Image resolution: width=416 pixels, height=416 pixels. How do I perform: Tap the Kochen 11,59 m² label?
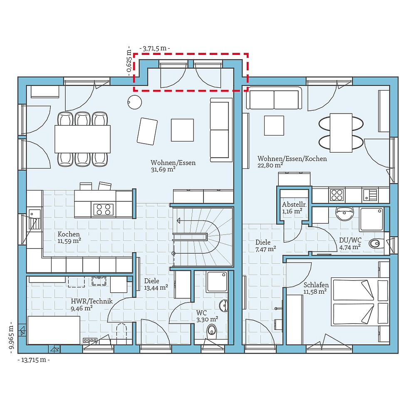click(x=69, y=237)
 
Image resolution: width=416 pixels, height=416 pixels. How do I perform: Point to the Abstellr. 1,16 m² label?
click(x=294, y=208)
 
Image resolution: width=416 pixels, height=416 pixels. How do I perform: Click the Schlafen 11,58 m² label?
click(x=316, y=288)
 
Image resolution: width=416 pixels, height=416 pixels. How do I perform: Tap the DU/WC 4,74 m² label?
click(x=349, y=243)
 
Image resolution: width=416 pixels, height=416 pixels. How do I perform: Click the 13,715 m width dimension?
click(x=34, y=360)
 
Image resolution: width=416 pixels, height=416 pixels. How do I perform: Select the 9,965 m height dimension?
click(x=12, y=339)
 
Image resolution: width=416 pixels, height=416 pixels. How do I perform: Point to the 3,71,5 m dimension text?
click(x=155, y=48)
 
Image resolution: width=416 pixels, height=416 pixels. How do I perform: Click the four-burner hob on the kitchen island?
click(x=103, y=209)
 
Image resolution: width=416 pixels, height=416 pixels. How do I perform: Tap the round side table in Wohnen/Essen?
click(x=135, y=102)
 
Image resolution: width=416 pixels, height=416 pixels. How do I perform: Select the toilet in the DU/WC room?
click(x=377, y=243)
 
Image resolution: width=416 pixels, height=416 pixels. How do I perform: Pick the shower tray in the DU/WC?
click(x=372, y=219)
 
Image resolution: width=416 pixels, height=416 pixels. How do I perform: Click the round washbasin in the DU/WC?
click(x=344, y=214)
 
